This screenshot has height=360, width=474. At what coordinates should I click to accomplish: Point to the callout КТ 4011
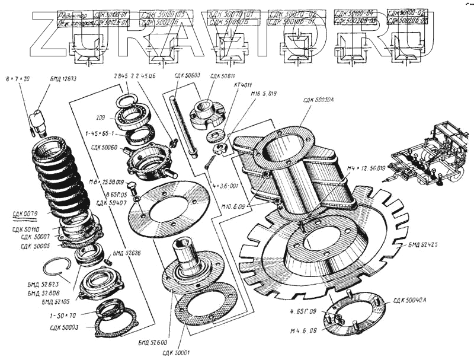point(244,85)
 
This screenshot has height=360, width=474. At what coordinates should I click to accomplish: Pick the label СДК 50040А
point(409,300)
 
